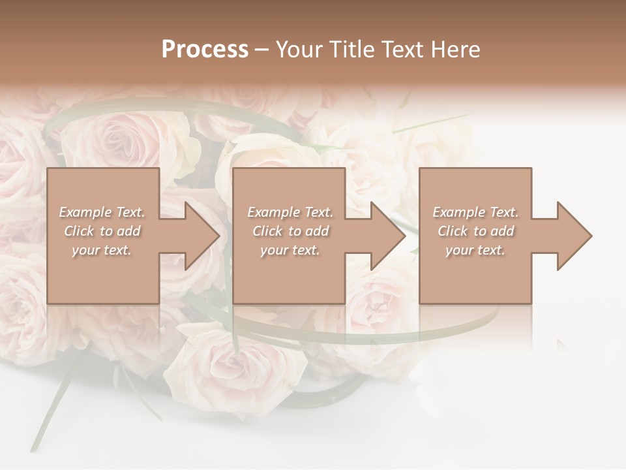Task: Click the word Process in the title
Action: (205, 50)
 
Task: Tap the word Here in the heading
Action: (456, 50)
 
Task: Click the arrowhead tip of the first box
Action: (219, 236)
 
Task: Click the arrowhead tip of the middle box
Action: (404, 236)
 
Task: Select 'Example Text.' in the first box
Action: (102, 212)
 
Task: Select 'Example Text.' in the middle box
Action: (290, 212)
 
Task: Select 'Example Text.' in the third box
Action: (475, 212)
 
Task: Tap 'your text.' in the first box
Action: (102, 250)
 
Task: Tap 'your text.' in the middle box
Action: (290, 250)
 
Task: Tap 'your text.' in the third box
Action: (475, 250)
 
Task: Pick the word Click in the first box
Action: (78, 231)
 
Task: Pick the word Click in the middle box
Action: (267, 231)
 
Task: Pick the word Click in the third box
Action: (453, 231)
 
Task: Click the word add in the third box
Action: (503, 231)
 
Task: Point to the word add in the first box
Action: (129, 231)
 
